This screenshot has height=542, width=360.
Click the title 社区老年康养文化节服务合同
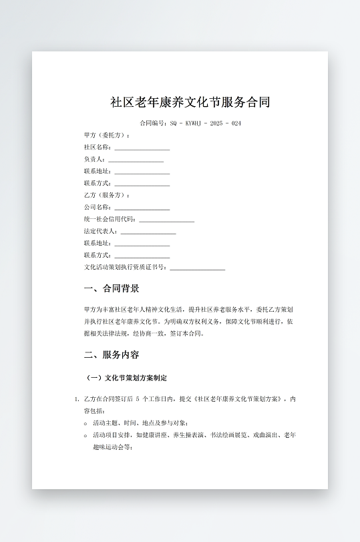190,103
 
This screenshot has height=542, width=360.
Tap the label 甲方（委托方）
107,135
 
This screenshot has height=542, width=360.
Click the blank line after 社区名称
142,148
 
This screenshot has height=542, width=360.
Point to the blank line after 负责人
136,160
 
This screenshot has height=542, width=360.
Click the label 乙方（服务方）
107,195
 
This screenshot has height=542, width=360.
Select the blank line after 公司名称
142,208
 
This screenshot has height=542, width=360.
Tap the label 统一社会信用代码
110,219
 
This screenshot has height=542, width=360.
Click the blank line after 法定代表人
148,232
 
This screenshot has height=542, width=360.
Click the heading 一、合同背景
112,289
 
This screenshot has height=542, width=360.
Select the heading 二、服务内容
112,355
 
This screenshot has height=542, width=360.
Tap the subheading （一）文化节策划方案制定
126,378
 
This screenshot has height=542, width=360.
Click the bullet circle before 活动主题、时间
85,423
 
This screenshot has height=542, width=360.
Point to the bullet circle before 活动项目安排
85,435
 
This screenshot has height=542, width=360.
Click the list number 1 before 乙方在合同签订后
76,399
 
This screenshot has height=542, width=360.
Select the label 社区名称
98,147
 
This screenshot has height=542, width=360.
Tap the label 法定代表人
100,231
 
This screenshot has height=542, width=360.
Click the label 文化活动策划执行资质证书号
125,267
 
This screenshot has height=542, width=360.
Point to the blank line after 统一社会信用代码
166,220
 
